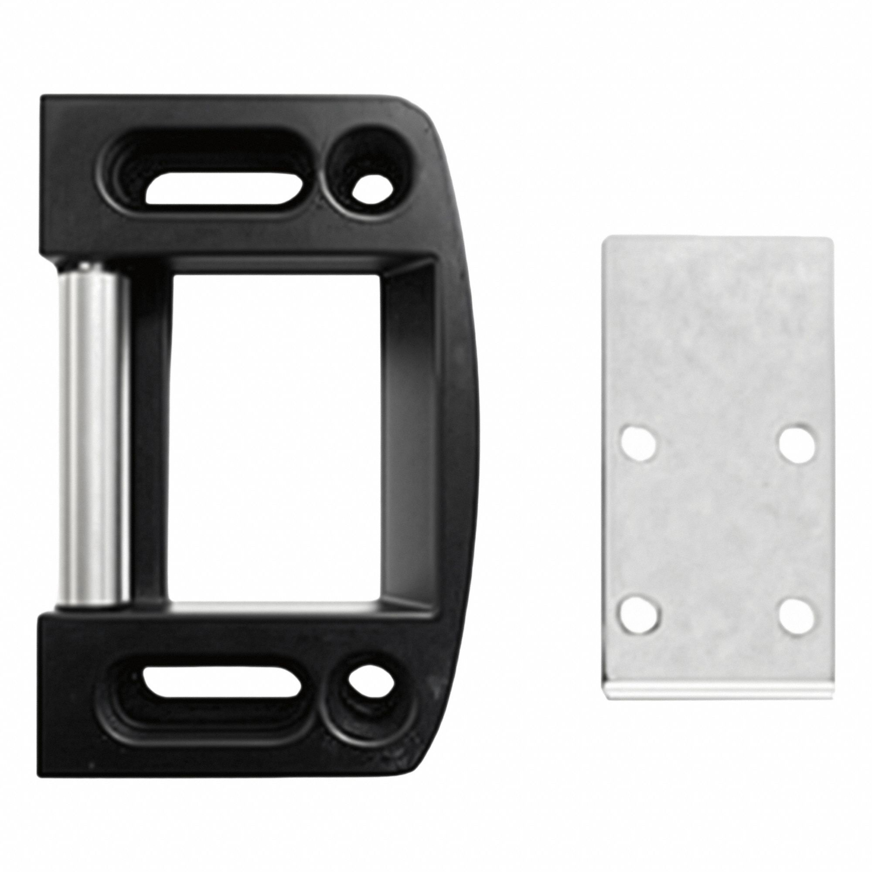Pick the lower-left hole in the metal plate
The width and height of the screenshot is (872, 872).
(637, 615)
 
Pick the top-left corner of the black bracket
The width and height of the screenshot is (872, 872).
(43, 98)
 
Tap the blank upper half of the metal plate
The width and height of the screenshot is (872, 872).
(718, 325)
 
